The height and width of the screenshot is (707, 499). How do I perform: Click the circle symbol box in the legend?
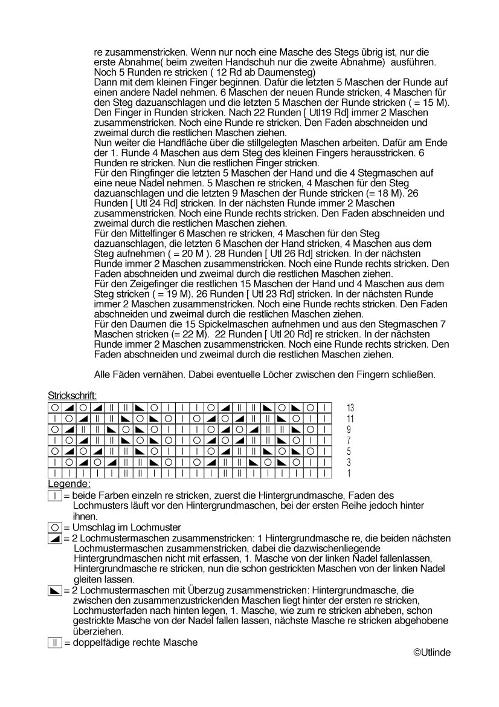54,527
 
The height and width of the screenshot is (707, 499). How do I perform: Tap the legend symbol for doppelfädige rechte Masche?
54,642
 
